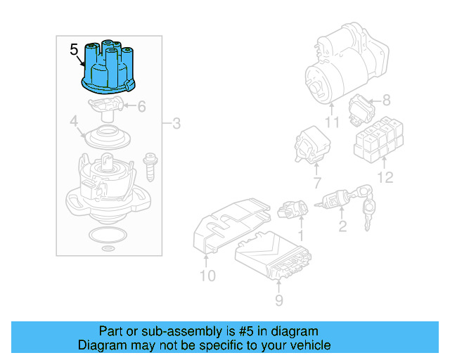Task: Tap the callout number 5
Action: (75, 49)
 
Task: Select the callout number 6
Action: (141, 107)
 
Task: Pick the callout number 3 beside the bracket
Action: (176, 124)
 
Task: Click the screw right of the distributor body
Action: (149, 166)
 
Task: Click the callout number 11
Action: (331, 123)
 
